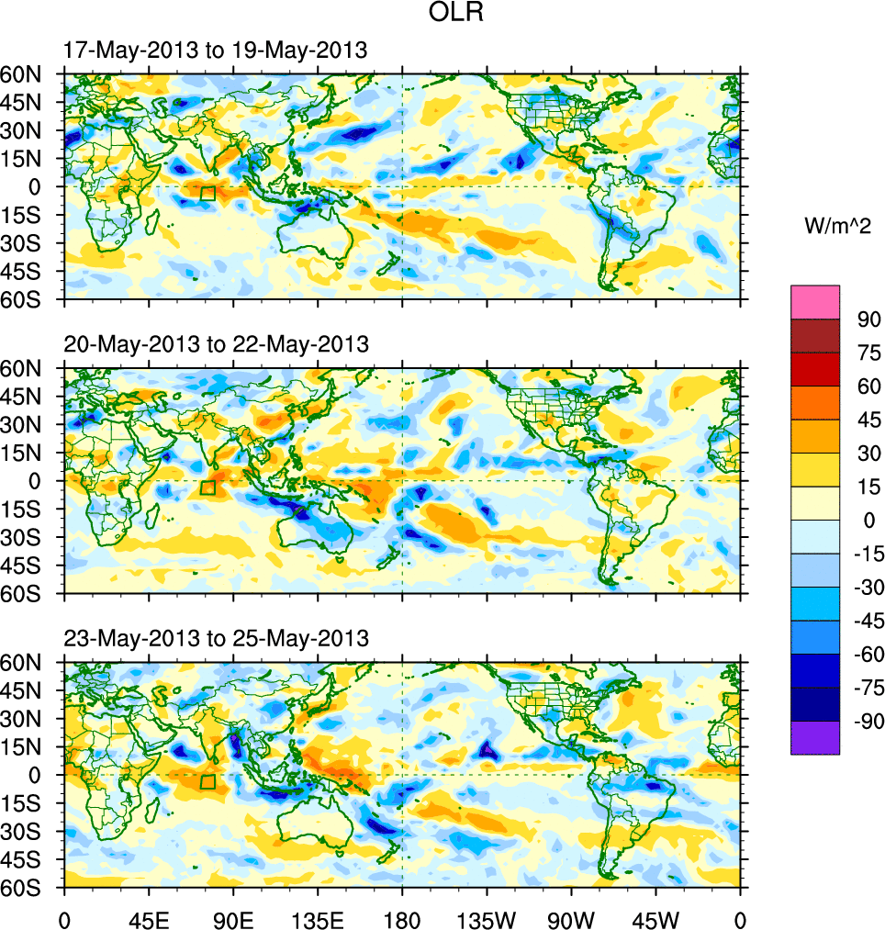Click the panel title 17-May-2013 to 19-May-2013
[216, 50]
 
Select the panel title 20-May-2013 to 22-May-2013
[216, 344]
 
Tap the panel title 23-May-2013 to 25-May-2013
[216, 637]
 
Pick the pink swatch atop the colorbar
[815, 302]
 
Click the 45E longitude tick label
[148, 918]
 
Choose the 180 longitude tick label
[402, 918]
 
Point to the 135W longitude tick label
[487, 918]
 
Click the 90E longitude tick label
[233, 918]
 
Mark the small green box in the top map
[207, 194]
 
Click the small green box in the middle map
[207, 487]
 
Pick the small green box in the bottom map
[207, 781]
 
